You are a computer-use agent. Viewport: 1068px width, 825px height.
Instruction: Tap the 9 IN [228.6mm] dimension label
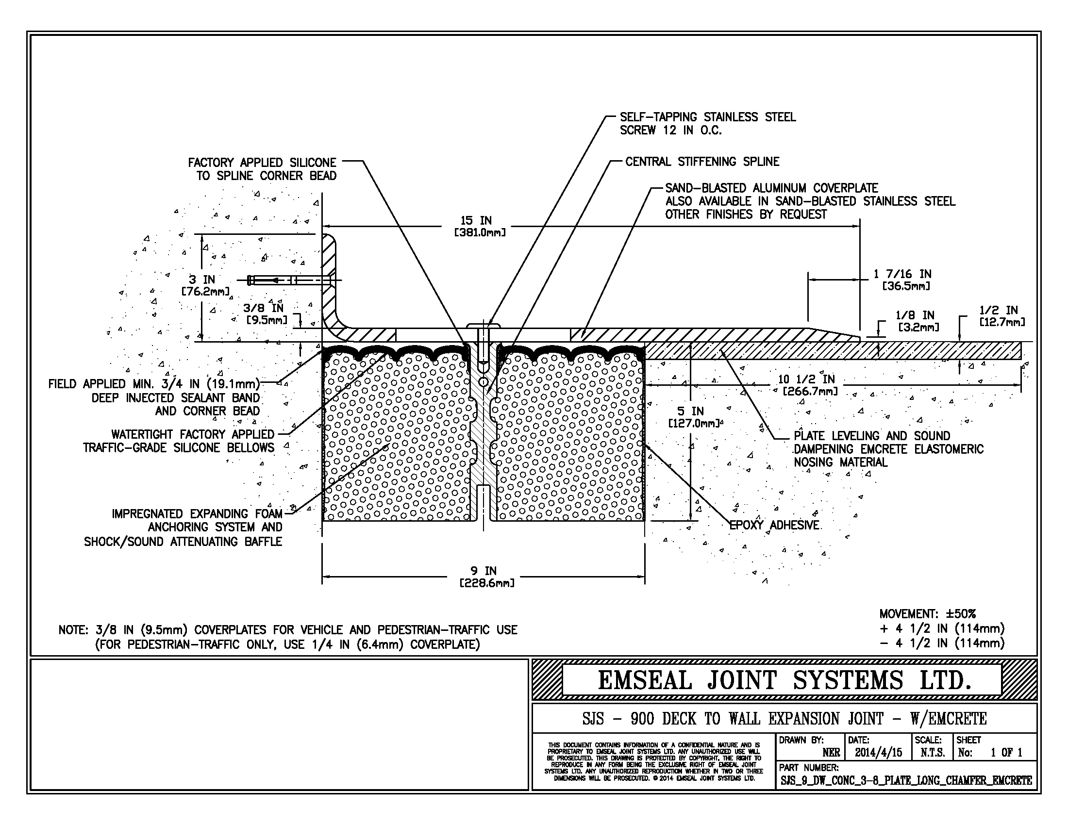click(484, 577)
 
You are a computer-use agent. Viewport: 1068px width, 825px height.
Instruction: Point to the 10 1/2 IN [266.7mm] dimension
click(807, 385)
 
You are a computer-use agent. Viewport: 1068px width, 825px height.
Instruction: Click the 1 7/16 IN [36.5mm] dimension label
click(902, 280)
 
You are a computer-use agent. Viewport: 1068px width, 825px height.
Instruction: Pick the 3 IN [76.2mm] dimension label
click(202, 285)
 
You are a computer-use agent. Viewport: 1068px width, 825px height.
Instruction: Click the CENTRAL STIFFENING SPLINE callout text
click(702, 161)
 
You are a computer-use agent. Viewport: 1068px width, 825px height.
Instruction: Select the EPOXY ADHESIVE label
click(774, 525)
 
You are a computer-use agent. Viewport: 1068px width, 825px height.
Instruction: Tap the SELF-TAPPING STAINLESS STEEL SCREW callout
click(707, 123)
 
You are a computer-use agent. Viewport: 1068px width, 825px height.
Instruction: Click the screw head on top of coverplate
click(483, 325)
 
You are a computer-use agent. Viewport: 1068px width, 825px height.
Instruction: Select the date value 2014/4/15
click(878, 753)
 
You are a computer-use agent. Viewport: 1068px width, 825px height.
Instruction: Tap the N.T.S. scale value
click(932, 753)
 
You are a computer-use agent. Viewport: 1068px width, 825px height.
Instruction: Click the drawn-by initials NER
click(831, 753)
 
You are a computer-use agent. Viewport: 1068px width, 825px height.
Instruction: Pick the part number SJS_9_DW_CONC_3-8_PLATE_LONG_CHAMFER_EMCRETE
click(906, 780)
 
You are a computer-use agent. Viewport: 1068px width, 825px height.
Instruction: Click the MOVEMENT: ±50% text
click(927, 614)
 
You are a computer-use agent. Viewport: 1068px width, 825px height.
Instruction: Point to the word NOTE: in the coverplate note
click(73, 630)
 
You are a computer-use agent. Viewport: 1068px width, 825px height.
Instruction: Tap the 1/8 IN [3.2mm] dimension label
click(915, 321)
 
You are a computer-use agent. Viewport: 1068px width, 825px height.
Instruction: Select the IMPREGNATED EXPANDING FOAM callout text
click(197, 513)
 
